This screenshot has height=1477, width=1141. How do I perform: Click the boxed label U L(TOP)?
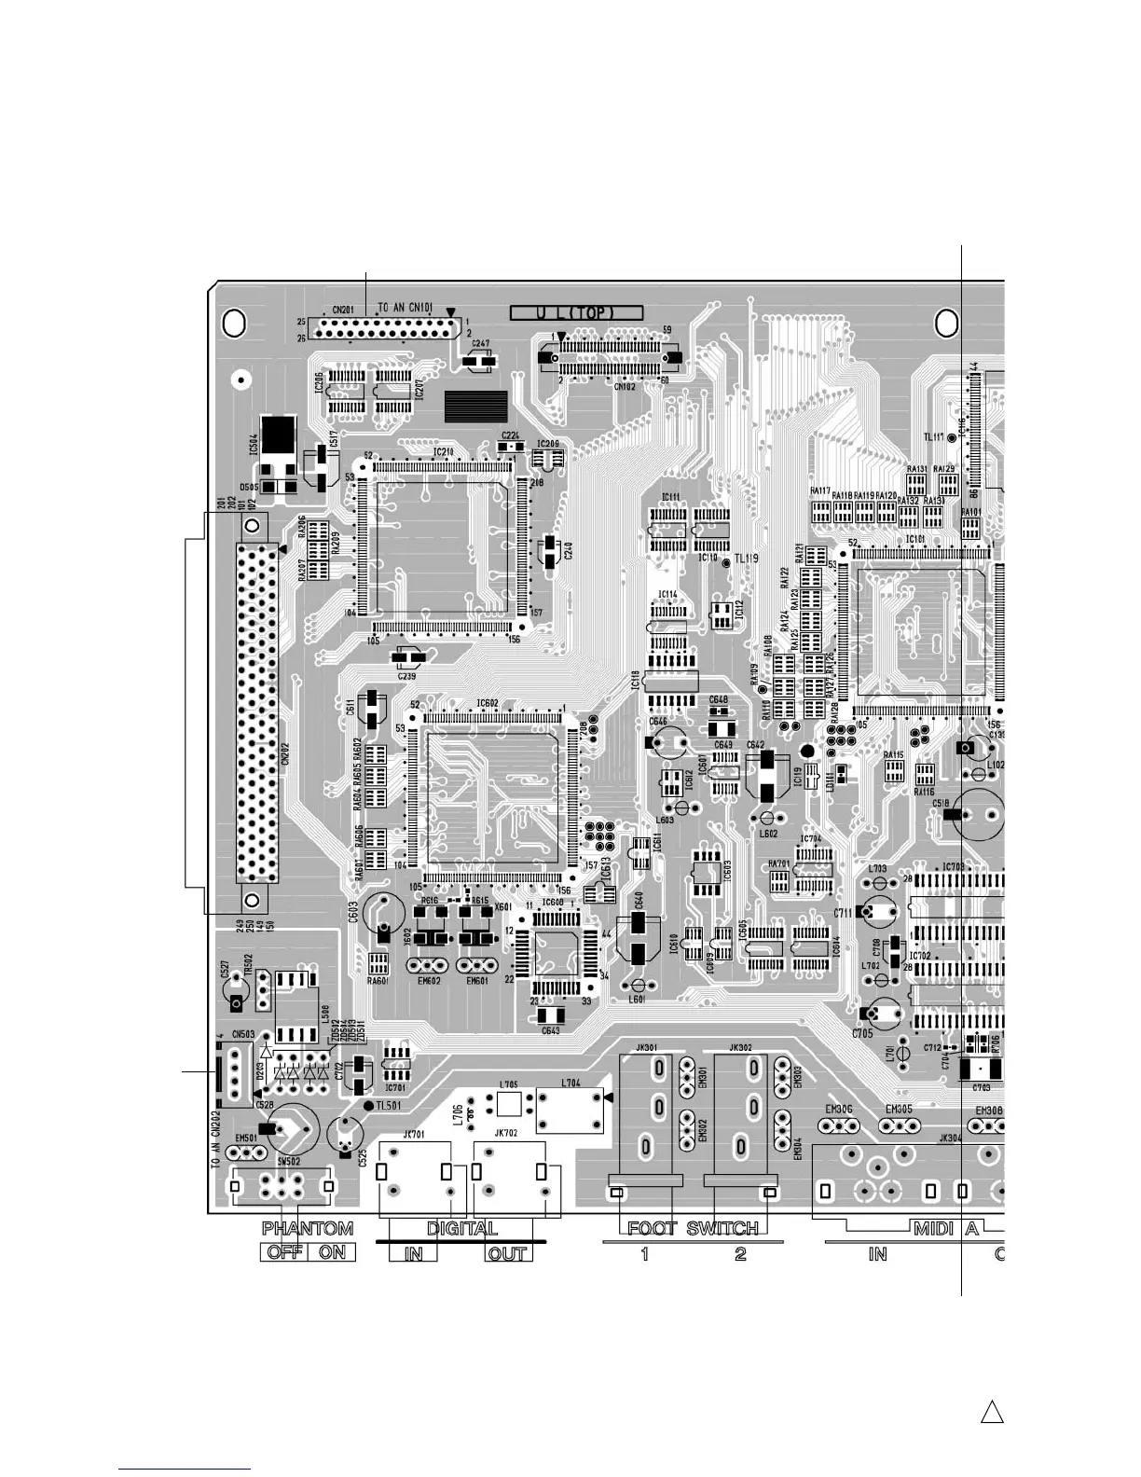point(576,313)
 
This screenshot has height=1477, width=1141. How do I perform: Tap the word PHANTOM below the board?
point(308,1229)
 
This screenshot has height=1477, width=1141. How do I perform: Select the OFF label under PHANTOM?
point(284,1252)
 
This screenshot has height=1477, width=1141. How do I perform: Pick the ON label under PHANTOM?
point(333,1252)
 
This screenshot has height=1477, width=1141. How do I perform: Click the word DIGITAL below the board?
point(462,1229)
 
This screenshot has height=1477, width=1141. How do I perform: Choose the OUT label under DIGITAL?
point(507,1254)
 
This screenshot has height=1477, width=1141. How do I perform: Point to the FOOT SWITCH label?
point(693,1229)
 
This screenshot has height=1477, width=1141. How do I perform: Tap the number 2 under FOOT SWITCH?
point(740,1254)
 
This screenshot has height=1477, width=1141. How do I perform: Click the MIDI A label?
point(945,1229)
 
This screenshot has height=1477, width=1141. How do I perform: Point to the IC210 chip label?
point(443,452)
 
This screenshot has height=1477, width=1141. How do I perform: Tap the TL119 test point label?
point(747,559)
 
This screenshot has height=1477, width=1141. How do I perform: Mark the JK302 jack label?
point(740,1048)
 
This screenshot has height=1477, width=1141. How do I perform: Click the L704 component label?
point(570,1083)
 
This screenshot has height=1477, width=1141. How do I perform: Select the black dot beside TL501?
point(367,1106)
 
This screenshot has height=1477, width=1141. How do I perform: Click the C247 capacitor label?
point(480,343)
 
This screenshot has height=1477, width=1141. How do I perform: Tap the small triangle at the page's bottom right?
point(992,1412)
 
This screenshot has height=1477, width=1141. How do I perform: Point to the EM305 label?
point(899,1110)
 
